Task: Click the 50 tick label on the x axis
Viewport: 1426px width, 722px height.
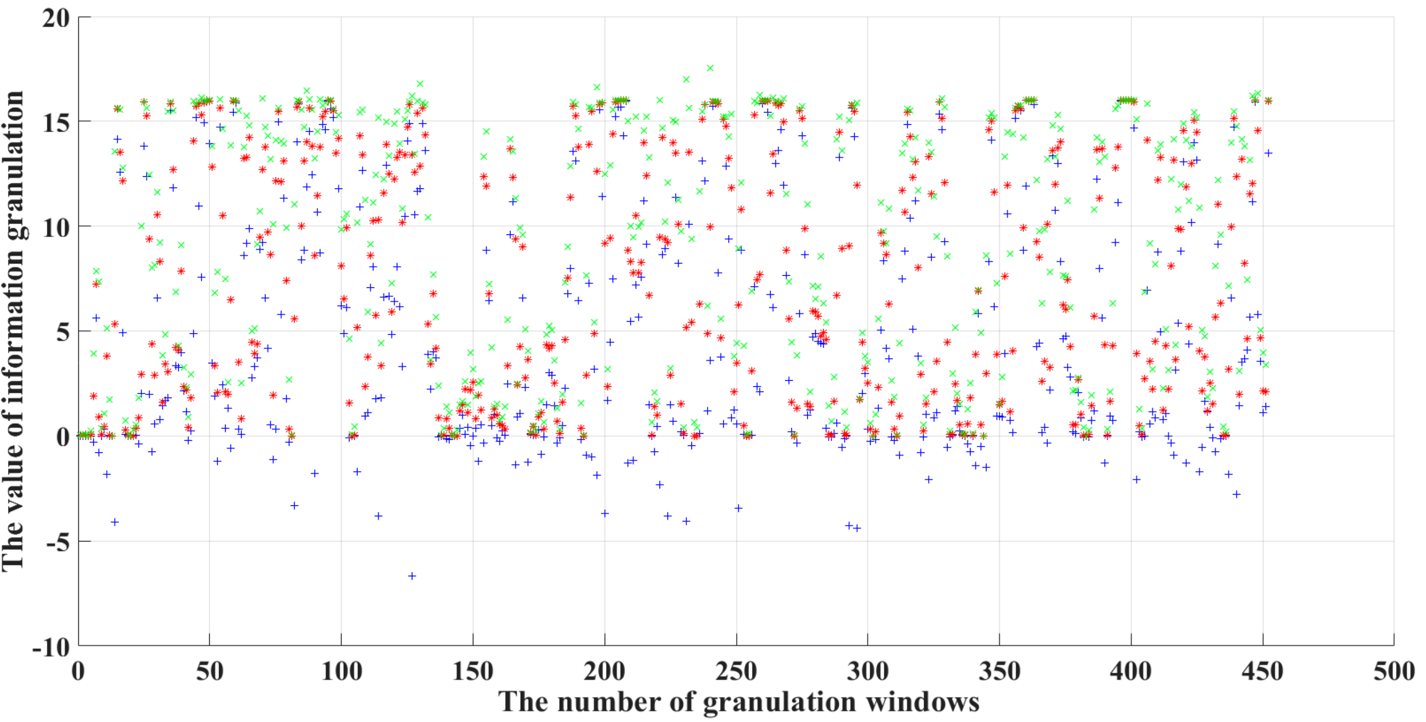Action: (209, 672)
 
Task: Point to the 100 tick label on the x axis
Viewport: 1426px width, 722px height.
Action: (341, 672)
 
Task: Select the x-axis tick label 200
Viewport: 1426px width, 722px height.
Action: (605, 672)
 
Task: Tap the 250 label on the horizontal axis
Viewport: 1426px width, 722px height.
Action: (736, 672)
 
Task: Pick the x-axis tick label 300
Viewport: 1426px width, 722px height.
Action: (868, 672)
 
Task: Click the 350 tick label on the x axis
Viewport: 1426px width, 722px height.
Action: (1000, 672)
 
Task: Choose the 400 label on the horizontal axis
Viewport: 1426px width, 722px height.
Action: (1131, 672)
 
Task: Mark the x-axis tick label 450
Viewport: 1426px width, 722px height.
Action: (1263, 672)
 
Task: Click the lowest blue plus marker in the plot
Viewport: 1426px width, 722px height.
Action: (412, 576)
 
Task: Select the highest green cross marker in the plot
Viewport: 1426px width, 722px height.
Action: (710, 68)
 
